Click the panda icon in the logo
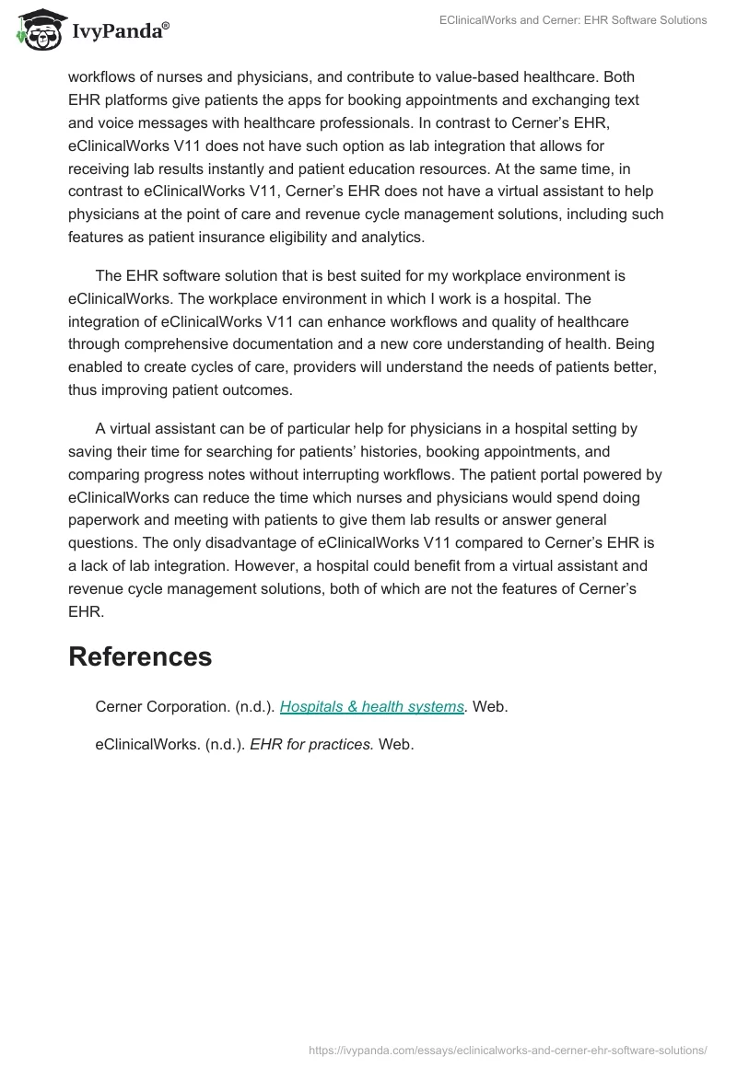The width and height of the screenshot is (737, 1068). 38,31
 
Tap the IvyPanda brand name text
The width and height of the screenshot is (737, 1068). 120,33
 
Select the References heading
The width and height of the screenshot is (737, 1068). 140,656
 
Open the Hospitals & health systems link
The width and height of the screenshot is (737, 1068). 371,706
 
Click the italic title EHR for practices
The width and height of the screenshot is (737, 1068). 312,744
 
